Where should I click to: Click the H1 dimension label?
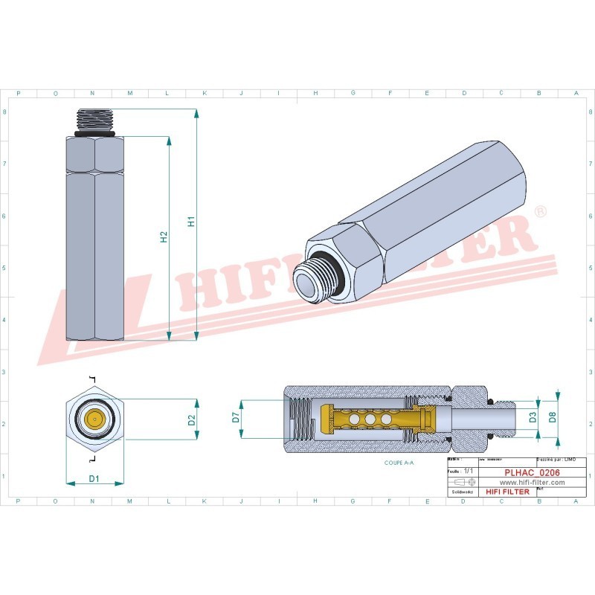[190, 222]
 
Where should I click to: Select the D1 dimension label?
[94, 478]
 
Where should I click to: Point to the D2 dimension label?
[191, 420]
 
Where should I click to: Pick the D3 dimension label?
[533, 419]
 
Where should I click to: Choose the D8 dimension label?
[552, 417]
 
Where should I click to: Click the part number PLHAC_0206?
[532, 472]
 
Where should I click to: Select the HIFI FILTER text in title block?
[507, 492]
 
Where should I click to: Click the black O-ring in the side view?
[94, 136]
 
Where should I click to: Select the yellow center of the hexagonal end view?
[94, 419]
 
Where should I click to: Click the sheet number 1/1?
[468, 472]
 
